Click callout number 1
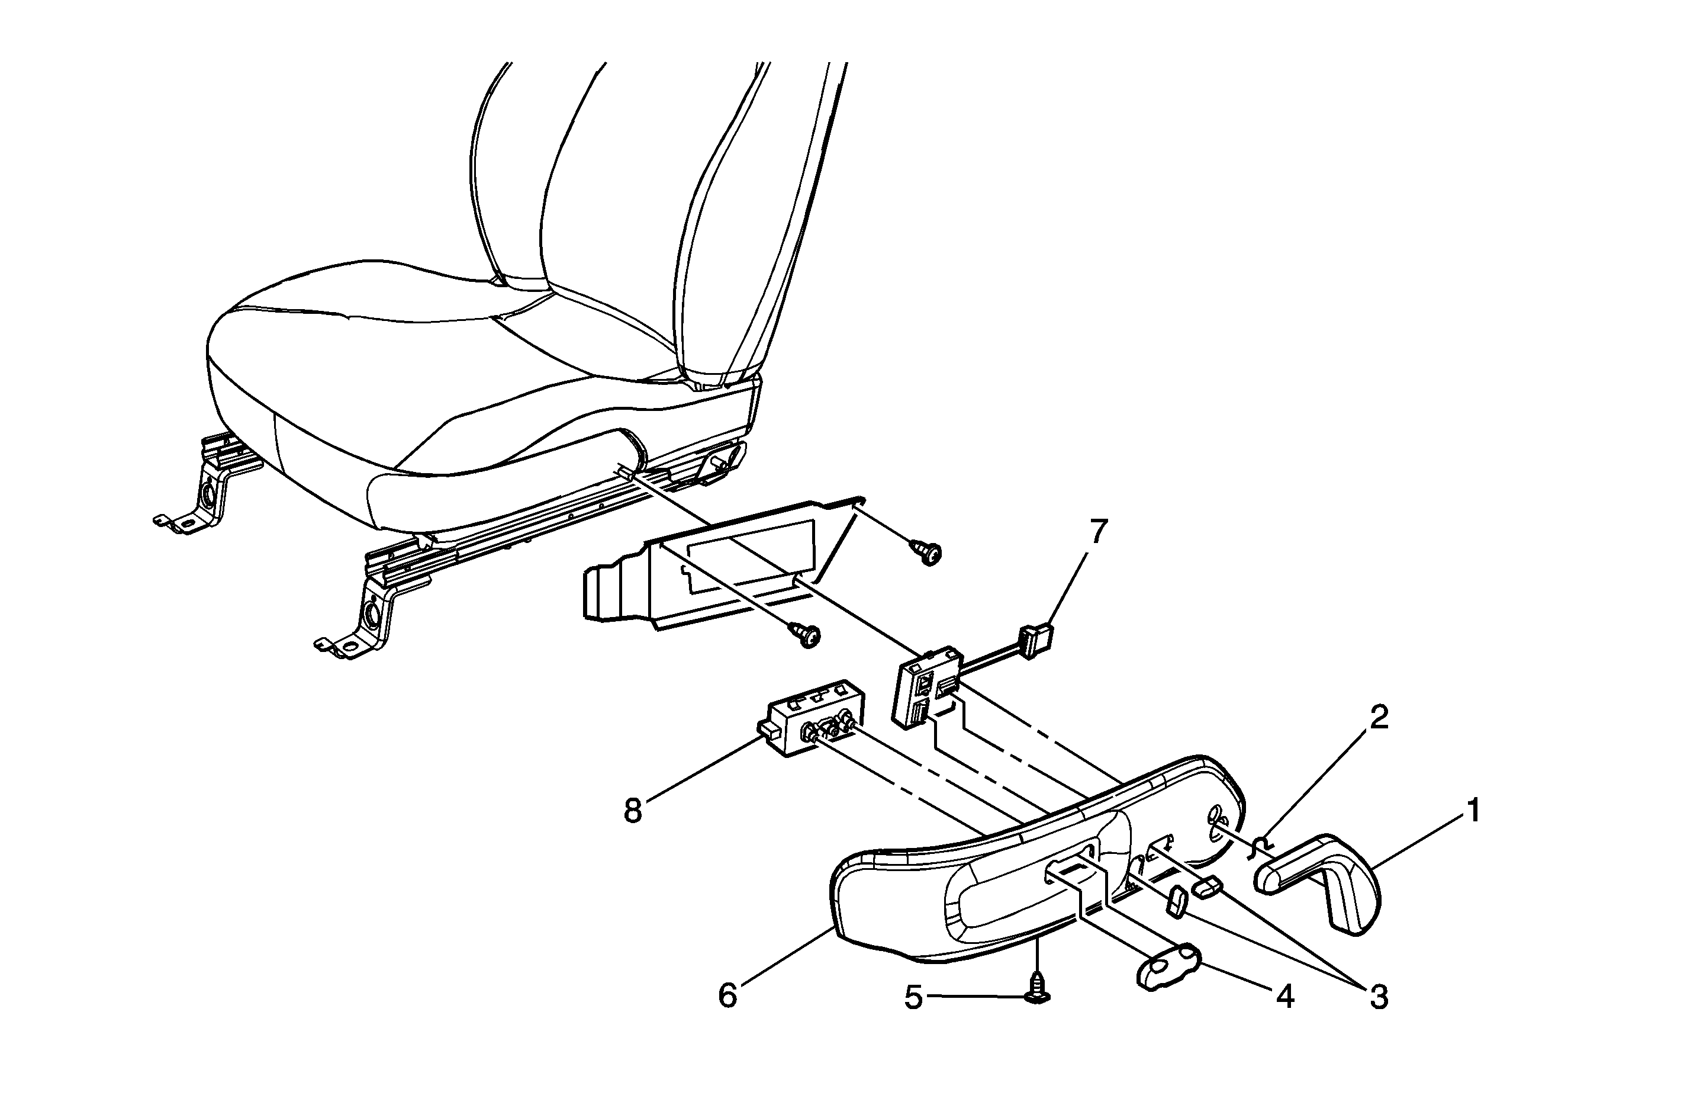(x=1472, y=811)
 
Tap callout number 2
(x=1378, y=718)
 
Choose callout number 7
(x=1098, y=532)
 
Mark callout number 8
(x=632, y=810)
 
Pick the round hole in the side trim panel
(x=1214, y=815)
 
